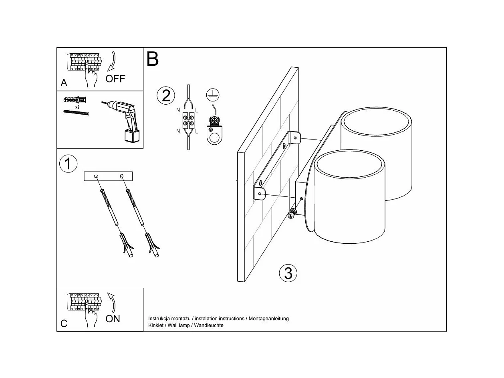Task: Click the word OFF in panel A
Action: click(115, 78)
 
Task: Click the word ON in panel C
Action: click(113, 319)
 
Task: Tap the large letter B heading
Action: click(153, 59)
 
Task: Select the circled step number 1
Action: click(68, 164)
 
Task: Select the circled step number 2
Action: click(166, 96)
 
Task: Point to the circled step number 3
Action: click(288, 273)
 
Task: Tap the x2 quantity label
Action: click(77, 107)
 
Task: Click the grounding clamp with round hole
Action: click(214, 131)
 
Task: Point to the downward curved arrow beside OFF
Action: click(113, 62)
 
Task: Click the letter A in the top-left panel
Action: click(64, 83)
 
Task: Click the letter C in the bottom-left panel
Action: click(64, 324)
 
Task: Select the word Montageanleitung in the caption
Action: click(268, 319)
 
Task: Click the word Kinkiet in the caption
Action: click(156, 325)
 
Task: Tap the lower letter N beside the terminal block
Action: click(178, 131)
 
